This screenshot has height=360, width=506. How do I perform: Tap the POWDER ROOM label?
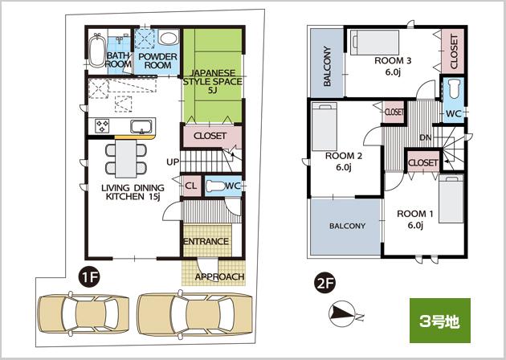(x=153, y=61)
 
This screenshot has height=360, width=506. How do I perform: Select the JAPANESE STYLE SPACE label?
(x=212, y=80)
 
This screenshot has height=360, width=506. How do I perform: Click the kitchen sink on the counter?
(x=141, y=127)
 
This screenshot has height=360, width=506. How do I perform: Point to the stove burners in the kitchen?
(x=103, y=125)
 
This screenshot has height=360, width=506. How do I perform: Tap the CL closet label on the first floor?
(x=191, y=186)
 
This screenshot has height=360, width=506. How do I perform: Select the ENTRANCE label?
(x=206, y=242)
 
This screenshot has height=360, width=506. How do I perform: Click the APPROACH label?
(x=219, y=276)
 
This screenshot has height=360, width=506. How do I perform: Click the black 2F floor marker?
(x=324, y=282)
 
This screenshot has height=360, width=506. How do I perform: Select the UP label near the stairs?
(x=172, y=162)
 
